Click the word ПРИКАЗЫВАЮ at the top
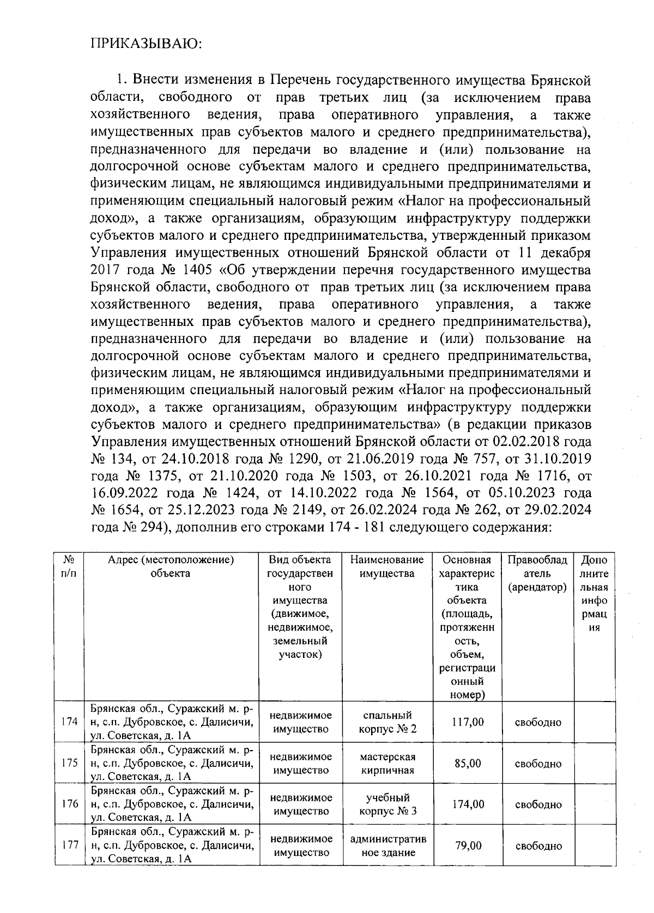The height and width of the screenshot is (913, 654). pyautogui.click(x=146, y=44)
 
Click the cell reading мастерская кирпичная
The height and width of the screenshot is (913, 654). pyautogui.click(x=387, y=763)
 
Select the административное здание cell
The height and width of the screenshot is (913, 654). pyautogui.click(x=387, y=845)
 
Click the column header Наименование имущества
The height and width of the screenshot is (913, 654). pyautogui.click(x=387, y=567)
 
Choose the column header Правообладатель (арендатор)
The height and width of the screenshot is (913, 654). pyautogui.click(x=537, y=573)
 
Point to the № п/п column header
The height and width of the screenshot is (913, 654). pyautogui.click(x=69, y=567)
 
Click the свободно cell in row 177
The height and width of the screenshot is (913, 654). pyautogui.click(x=538, y=846)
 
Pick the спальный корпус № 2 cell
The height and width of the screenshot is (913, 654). pyautogui.click(x=387, y=722)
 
